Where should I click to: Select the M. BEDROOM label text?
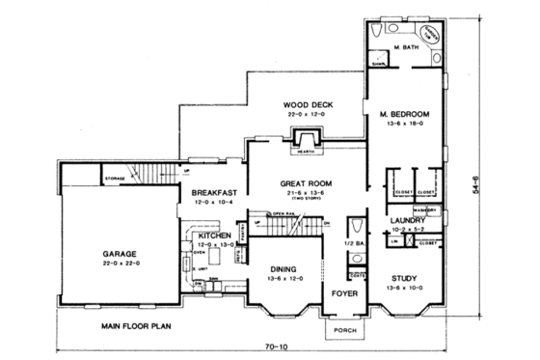(x=402, y=112)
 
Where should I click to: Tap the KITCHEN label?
(x=214, y=235)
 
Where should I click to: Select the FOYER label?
(x=345, y=289)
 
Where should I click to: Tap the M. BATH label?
(x=404, y=46)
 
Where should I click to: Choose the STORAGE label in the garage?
(x=116, y=179)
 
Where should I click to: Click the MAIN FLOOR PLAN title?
(x=135, y=326)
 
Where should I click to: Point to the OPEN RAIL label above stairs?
(x=283, y=214)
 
